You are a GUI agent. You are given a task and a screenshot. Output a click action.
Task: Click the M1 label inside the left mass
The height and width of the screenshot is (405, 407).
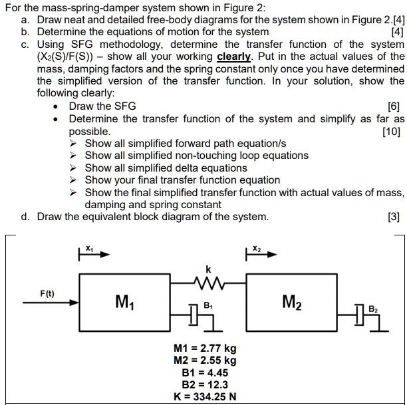[123, 303]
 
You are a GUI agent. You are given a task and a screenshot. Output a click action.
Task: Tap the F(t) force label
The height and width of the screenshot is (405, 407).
[47, 293]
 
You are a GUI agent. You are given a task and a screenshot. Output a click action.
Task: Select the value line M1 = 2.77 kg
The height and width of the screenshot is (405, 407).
[205, 348]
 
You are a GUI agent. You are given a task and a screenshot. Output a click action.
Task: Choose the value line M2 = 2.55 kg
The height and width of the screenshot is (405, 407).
[205, 360]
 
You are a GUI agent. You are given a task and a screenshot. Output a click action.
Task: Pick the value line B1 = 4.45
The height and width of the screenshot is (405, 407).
[205, 372]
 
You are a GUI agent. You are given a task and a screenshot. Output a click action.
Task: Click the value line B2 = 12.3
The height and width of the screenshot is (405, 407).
[205, 384]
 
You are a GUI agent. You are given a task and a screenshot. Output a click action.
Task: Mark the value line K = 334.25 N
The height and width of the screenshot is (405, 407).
[205, 397]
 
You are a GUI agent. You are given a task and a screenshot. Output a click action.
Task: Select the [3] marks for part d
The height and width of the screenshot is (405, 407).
[396, 217]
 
